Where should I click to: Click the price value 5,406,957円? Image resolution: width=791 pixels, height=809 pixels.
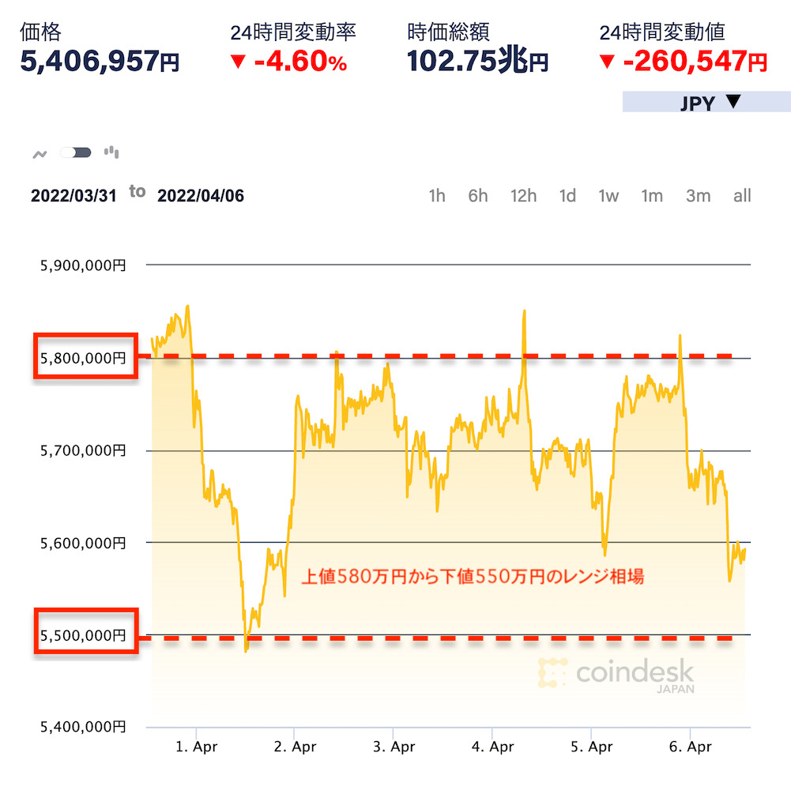tap(100, 62)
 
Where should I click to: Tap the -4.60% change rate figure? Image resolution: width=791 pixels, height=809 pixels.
tap(288, 62)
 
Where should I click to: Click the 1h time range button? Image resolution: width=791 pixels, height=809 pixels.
tap(437, 196)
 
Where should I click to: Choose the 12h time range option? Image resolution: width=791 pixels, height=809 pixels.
tap(523, 196)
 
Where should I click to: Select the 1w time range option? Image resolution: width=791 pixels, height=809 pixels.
tap(608, 196)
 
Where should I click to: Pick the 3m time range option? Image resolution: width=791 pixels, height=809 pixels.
tap(698, 196)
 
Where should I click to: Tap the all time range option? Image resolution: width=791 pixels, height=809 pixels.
tap(742, 196)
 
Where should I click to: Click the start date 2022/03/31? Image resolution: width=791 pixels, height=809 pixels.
tap(73, 196)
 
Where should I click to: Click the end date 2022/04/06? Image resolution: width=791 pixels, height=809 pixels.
tap(201, 196)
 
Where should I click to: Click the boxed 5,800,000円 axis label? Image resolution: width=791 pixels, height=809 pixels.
tap(85, 358)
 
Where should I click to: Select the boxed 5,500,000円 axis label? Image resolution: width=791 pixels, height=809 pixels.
tap(85, 634)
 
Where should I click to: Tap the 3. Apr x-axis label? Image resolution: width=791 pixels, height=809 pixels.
tap(394, 747)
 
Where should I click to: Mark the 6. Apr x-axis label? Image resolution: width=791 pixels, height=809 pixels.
tap(690, 747)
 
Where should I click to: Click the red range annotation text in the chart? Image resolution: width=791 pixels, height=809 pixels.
tap(473, 578)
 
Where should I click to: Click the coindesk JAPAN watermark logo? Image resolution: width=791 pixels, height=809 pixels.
tap(617, 675)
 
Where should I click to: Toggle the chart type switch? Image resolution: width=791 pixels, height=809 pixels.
tap(76, 152)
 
